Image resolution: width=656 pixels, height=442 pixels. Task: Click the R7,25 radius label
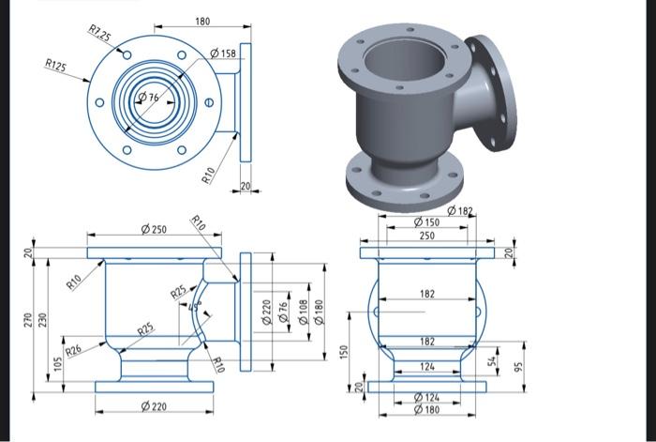point(98,35)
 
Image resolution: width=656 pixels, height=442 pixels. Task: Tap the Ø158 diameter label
point(222,53)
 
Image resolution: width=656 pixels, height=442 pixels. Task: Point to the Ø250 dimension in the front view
point(153,229)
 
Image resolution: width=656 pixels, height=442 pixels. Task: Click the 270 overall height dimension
point(28,320)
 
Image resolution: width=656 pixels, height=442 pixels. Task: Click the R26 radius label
point(73,349)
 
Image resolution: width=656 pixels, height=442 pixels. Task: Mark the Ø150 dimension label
point(426,222)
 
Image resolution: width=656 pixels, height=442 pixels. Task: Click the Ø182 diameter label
point(460,211)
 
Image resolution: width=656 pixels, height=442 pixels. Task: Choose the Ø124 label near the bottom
point(426,399)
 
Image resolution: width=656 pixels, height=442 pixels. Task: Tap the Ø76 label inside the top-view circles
point(149,98)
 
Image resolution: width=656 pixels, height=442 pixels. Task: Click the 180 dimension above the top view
point(202,21)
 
